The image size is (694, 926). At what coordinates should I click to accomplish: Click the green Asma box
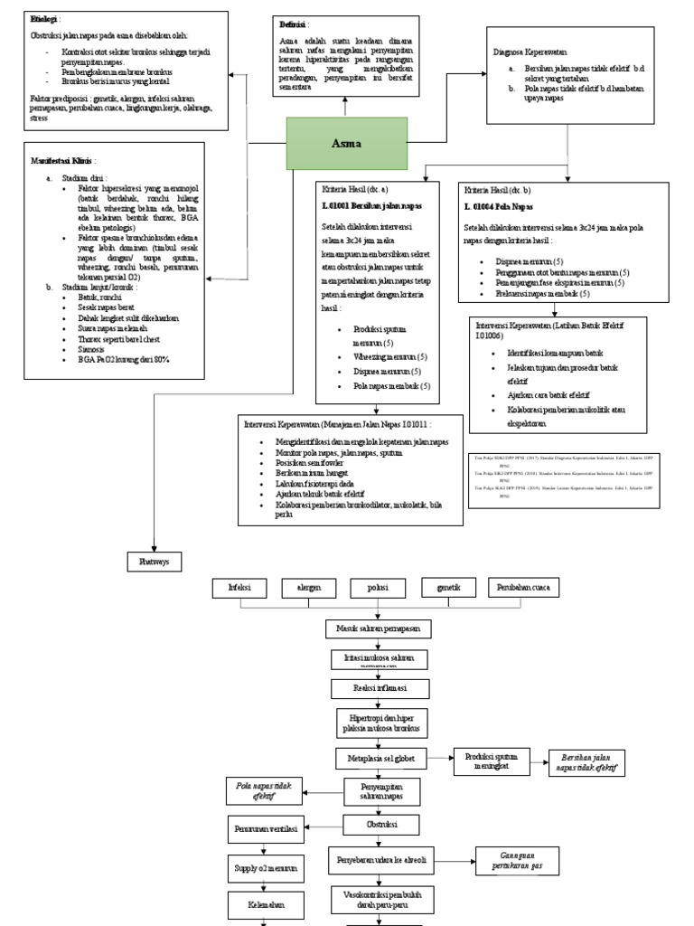point(347,144)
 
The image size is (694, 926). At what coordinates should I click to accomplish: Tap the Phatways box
point(155,562)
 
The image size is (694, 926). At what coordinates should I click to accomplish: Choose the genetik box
point(448,588)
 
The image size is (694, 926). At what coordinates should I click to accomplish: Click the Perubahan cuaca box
point(523,588)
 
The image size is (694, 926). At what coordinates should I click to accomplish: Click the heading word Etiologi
point(44,19)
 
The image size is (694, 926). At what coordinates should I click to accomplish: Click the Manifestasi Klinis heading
point(63,160)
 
